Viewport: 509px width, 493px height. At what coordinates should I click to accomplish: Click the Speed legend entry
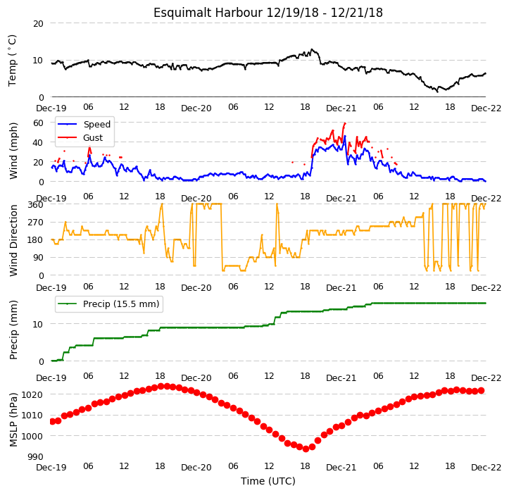[x=84, y=124]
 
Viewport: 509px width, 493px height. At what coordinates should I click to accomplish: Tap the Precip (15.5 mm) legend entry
[x=108, y=304]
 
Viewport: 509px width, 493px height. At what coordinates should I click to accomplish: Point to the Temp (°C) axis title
[x=12, y=61]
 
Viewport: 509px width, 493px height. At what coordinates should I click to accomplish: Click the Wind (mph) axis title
[x=13, y=151]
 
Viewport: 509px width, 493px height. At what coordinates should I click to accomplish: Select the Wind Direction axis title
[x=13, y=240]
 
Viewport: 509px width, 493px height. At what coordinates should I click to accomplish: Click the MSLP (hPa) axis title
[x=13, y=420]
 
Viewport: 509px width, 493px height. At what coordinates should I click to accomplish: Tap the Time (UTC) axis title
[x=268, y=481]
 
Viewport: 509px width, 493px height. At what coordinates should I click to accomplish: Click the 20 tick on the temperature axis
[x=38, y=24]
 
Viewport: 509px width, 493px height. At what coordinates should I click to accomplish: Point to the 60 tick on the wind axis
[x=38, y=123]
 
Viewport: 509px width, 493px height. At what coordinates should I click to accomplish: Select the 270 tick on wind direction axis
[x=35, y=223]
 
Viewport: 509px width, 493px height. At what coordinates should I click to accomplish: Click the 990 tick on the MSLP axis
[x=35, y=457]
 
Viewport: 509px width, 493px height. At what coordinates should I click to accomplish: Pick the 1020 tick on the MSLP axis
[x=32, y=395]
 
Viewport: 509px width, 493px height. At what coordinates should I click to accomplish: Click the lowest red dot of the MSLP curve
[x=306, y=449]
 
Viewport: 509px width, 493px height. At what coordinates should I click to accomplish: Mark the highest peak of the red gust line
[x=345, y=123]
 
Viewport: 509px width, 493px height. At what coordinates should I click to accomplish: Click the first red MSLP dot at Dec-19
[x=53, y=422]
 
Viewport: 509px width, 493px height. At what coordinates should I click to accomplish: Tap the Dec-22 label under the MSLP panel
[x=486, y=468]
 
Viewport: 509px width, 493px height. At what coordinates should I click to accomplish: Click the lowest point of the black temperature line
[x=437, y=92]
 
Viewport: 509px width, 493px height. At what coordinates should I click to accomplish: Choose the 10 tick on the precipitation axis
[x=38, y=324]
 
